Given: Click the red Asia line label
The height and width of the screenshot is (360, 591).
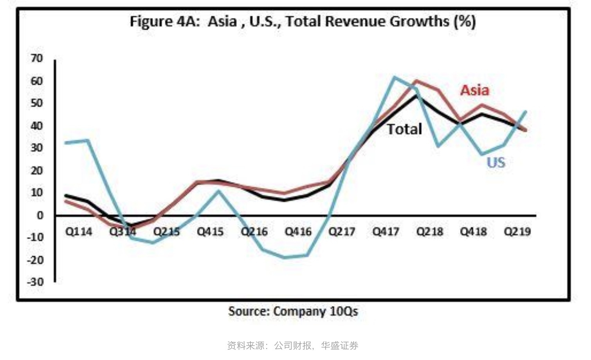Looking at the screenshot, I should pyautogui.click(x=474, y=90).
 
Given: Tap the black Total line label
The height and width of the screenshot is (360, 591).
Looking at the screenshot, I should pyautogui.click(x=404, y=129).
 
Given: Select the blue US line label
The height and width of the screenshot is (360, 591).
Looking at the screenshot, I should pyautogui.click(x=496, y=162).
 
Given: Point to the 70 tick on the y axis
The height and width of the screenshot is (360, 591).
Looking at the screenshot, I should pyautogui.click(x=36, y=58).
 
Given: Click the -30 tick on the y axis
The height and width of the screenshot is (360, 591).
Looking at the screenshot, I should pyautogui.click(x=35, y=282).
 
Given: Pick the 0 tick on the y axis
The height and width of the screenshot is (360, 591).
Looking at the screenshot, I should pyautogui.click(x=40, y=215).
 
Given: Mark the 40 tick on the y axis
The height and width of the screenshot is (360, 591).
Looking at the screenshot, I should pyautogui.click(x=36, y=126).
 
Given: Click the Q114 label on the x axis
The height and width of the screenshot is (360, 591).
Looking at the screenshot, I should pyautogui.click(x=79, y=232).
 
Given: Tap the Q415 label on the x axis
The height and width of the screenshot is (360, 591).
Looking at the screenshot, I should pyautogui.click(x=210, y=232).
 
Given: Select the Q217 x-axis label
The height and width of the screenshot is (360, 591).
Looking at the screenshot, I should pyautogui.click(x=342, y=232).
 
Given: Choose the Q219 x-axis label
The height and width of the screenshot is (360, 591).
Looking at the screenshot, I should pyautogui.click(x=517, y=232).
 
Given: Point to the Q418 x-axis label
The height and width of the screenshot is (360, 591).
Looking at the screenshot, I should pyautogui.click(x=473, y=232).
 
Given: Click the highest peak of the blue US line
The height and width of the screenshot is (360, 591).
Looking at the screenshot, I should pyautogui.click(x=394, y=77).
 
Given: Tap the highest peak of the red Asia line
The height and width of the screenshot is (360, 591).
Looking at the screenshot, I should pyautogui.click(x=416, y=81).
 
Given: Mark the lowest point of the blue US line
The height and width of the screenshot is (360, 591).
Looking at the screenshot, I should pyautogui.click(x=285, y=257).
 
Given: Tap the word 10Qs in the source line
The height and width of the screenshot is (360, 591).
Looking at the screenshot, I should pyautogui.click(x=344, y=311).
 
